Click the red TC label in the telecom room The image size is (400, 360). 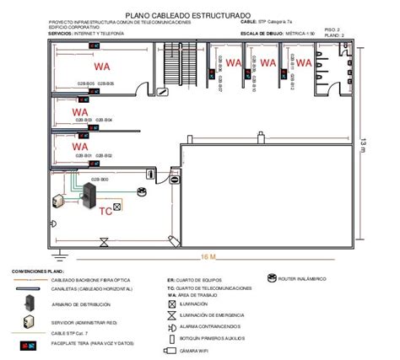pos(105,212)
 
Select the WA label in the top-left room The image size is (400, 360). pos(102,66)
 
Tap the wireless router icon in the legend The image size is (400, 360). pos(272,277)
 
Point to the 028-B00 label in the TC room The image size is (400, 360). pos(99,179)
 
